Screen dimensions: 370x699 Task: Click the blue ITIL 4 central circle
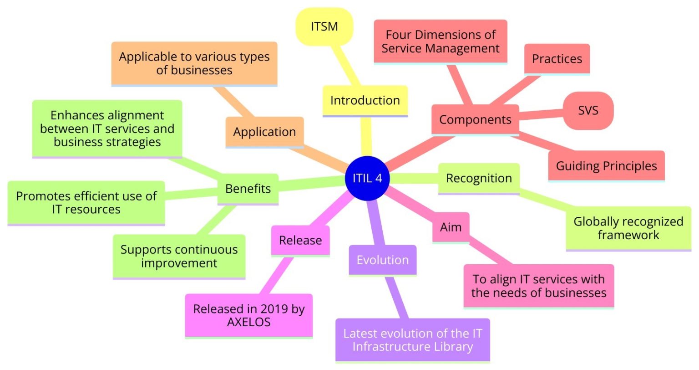point(368,178)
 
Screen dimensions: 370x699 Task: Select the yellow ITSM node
point(324,26)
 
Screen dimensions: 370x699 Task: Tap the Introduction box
point(365,100)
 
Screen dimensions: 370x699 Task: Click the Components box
point(475,120)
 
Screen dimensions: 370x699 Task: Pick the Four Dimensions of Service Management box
point(440,41)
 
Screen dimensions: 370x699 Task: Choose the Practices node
point(557,59)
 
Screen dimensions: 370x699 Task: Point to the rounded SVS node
point(588,111)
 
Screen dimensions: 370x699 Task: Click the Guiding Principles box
point(606,166)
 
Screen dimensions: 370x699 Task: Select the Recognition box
point(479,178)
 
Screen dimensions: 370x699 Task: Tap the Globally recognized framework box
point(628,228)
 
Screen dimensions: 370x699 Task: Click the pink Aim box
point(451,227)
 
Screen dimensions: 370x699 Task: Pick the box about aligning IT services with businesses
point(539,286)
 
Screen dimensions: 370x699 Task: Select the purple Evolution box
point(382,260)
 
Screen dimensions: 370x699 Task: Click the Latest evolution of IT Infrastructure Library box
point(412,340)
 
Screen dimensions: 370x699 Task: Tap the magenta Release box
point(300,240)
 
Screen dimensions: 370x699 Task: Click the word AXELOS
point(248,322)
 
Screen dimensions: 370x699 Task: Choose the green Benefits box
point(248,189)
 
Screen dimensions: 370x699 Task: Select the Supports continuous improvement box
point(179,256)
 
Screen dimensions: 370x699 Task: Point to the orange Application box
point(264,132)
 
